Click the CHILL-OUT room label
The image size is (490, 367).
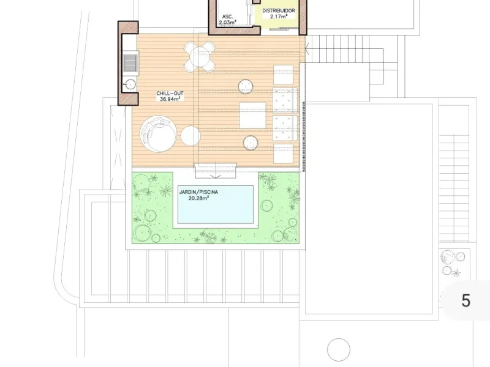(x=170, y=94)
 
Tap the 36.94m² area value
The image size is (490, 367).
(x=170, y=99)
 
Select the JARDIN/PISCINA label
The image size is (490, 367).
(x=198, y=192)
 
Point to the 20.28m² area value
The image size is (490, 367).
(x=198, y=198)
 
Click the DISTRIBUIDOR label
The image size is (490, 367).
(x=279, y=10)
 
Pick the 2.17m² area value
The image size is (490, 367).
(x=279, y=17)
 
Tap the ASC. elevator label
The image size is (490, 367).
(x=227, y=17)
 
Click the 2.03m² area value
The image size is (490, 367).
(x=227, y=23)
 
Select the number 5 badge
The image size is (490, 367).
(x=466, y=300)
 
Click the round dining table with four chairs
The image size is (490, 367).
(x=200, y=56)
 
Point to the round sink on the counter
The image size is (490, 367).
(x=129, y=84)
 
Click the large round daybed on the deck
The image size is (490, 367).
(x=158, y=134)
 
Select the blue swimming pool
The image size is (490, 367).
(x=216, y=205)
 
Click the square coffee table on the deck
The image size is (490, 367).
(x=253, y=115)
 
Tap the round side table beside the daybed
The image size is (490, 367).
(x=190, y=135)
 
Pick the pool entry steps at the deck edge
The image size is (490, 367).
(x=216, y=171)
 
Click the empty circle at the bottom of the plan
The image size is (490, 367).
(x=339, y=349)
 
